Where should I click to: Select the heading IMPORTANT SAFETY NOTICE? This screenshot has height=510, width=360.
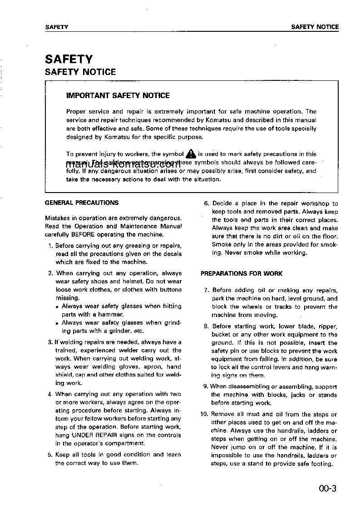click(118, 96)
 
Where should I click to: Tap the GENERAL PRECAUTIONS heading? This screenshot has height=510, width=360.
click(82, 203)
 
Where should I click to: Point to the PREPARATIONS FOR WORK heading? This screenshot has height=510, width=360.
click(242, 274)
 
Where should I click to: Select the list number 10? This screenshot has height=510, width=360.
click(204, 414)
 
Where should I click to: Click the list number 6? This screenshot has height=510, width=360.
click(206, 203)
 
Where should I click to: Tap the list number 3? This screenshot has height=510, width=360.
click(50, 342)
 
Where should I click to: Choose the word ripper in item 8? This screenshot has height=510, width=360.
click(328, 327)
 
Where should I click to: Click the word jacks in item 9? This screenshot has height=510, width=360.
click(298, 395)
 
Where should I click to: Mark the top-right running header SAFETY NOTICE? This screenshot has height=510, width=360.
click(315, 27)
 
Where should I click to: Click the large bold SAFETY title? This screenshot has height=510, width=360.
click(69, 59)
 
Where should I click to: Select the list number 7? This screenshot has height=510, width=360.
click(206, 290)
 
